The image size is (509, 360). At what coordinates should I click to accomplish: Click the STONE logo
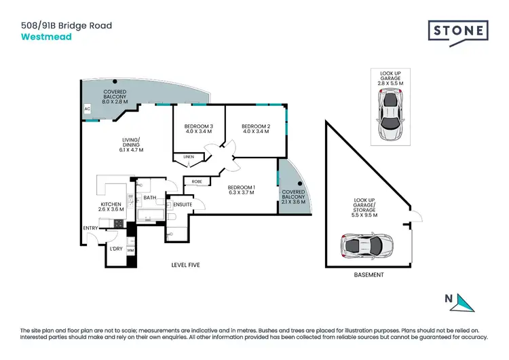[458, 31]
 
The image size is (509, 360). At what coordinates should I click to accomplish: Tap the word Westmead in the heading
[45, 37]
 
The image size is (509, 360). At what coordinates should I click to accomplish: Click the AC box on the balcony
[87, 108]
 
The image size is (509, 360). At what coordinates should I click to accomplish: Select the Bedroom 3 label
[198, 129]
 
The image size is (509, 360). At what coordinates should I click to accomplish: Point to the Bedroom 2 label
[256, 129]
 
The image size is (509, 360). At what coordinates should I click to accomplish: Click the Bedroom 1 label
[242, 190]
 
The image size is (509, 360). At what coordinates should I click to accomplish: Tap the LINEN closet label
[189, 157]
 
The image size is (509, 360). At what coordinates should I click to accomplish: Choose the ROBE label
[197, 181]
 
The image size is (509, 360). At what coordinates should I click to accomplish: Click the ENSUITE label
[182, 204]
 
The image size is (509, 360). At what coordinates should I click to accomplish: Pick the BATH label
[150, 198]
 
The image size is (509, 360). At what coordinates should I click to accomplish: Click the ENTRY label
[90, 228]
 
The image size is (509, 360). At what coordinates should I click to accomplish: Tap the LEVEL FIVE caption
[186, 264]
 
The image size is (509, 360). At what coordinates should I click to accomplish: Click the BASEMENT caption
[369, 275]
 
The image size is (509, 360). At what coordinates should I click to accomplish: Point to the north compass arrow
[464, 302]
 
